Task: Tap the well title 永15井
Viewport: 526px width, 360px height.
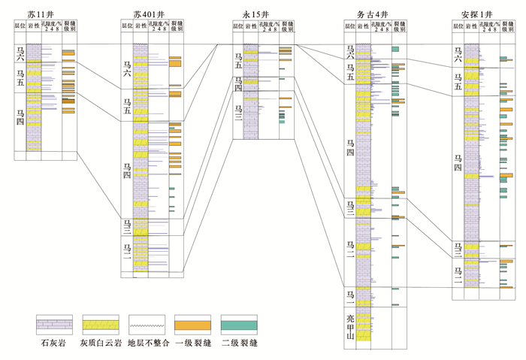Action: tap(255, 13)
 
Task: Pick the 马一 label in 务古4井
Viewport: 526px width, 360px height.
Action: tap(349, 295)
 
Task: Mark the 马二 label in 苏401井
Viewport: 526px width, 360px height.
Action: tap(127, 254)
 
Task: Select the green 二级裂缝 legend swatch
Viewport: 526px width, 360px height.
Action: tap(240, 325)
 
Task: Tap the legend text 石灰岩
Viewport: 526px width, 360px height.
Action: tap(55, 345)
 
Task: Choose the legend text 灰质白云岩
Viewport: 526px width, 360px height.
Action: tap(101, 345)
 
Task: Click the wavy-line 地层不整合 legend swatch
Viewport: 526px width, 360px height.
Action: tap(147, 325)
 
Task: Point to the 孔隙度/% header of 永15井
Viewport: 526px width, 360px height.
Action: tap(268, 27)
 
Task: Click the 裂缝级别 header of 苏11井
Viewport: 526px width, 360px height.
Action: tap(68, 27)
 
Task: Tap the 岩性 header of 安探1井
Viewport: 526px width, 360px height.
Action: tap(472, 27)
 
